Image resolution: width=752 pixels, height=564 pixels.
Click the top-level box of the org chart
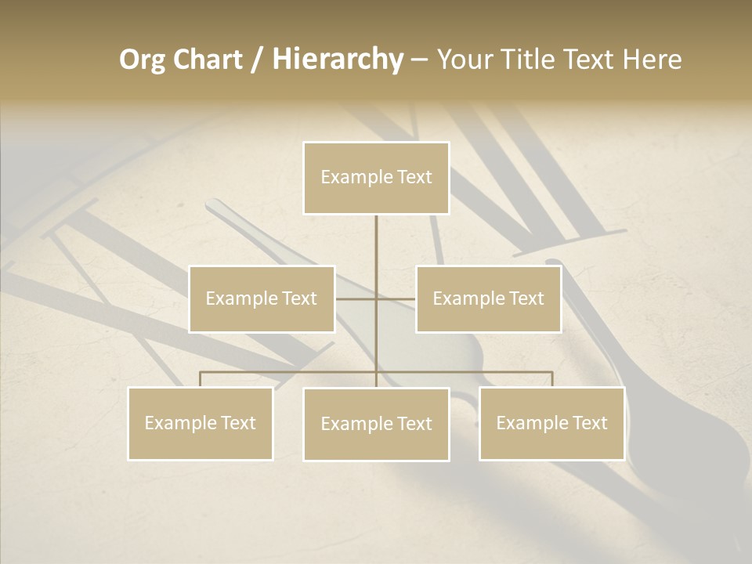(376, 178)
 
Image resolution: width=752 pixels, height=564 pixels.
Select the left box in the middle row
(262, 298)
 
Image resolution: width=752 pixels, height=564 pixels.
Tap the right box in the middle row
(488, 298)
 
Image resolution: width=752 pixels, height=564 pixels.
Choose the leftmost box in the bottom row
(201, 423)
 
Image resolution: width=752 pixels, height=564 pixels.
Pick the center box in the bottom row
(376, 424)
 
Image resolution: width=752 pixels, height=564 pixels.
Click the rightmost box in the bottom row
(551, 423)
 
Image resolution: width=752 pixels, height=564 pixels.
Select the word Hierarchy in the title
(338, 60)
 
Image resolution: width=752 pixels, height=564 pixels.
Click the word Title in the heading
(538, 60)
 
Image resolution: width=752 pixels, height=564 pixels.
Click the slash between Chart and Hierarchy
(258, 60)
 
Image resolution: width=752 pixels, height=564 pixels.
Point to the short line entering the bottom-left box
(201, 379)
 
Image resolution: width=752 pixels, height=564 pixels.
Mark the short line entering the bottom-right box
(552, 379)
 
